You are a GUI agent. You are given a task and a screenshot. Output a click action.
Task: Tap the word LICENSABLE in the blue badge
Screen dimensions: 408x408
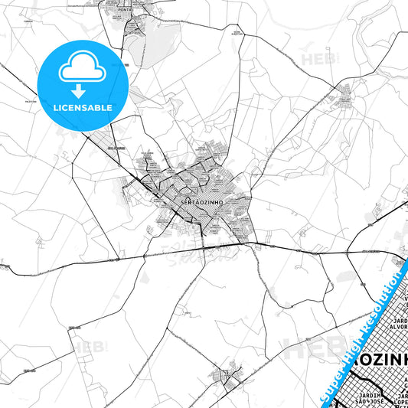pyautogui.click(x=83, y=108)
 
